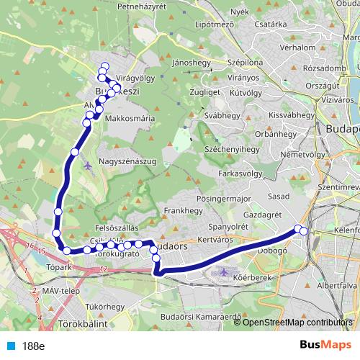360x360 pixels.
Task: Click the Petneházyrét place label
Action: click(136, 6)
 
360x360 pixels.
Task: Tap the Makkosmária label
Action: click(130, 117)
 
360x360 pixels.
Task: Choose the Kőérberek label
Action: click(257, 278)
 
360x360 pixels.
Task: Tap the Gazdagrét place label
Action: click(262, 215)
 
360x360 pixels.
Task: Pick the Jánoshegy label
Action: click(190, 63)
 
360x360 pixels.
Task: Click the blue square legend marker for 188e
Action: click(9, 346)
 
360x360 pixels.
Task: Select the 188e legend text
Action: click(32, 346)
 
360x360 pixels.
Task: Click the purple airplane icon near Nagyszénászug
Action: click(88, 165)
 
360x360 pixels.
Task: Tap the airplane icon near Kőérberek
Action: click(222, 274)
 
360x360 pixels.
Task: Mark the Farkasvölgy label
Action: click(238, 174)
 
